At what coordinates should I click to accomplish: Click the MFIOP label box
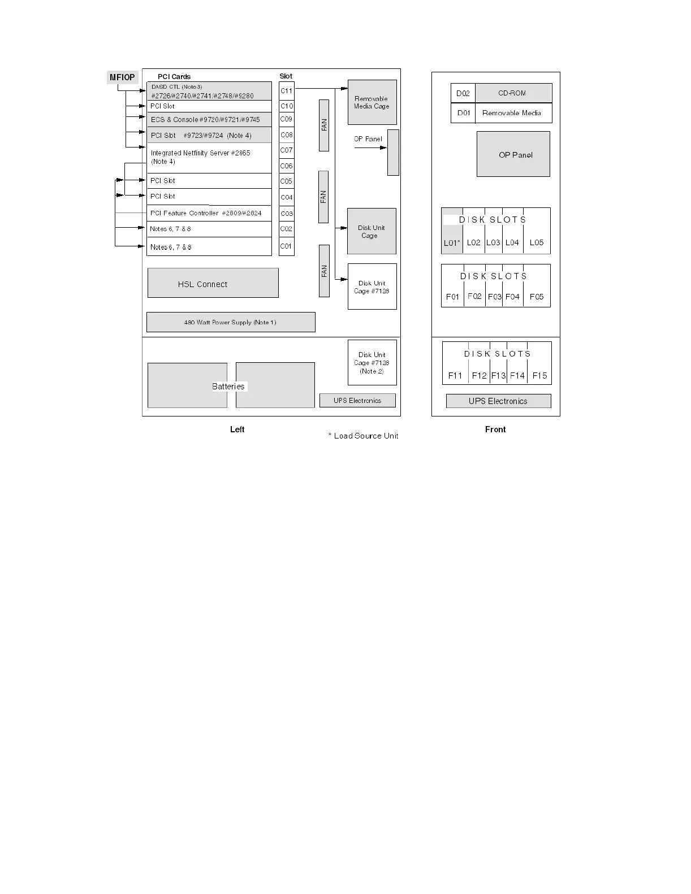122,77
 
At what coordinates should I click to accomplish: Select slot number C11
287,90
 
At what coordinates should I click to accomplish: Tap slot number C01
287,246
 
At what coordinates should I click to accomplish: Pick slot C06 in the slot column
287,166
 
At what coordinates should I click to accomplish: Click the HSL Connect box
213,283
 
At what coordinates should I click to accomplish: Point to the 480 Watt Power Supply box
231,322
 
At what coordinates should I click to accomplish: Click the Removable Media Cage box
372,102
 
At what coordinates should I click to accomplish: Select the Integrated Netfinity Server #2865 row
209,158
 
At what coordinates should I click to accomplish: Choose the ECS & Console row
209,119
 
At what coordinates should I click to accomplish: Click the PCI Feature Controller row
209,213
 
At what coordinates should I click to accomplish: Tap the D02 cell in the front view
463,93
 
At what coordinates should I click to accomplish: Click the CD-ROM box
513,93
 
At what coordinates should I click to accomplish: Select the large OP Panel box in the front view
513,154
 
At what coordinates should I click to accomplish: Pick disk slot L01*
452,242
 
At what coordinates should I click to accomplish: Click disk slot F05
537,297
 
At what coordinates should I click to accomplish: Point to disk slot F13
498,375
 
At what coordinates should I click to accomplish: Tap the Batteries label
228,387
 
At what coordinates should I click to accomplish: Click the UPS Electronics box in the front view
498,401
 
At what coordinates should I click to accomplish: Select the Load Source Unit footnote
363,436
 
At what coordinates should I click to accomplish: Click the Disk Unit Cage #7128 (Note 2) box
372,363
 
